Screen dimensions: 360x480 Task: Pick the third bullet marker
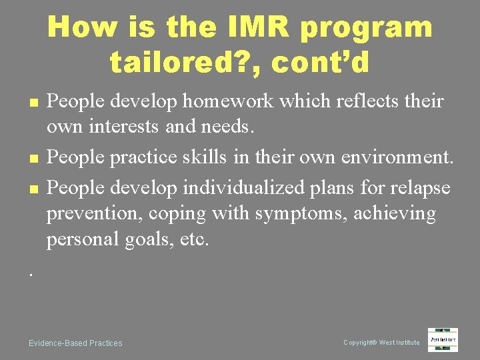point(33,190)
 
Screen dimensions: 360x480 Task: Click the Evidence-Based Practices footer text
point(75,343)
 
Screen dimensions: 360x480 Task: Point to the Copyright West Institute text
point(381,343)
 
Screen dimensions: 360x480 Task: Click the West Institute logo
point(443,339)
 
